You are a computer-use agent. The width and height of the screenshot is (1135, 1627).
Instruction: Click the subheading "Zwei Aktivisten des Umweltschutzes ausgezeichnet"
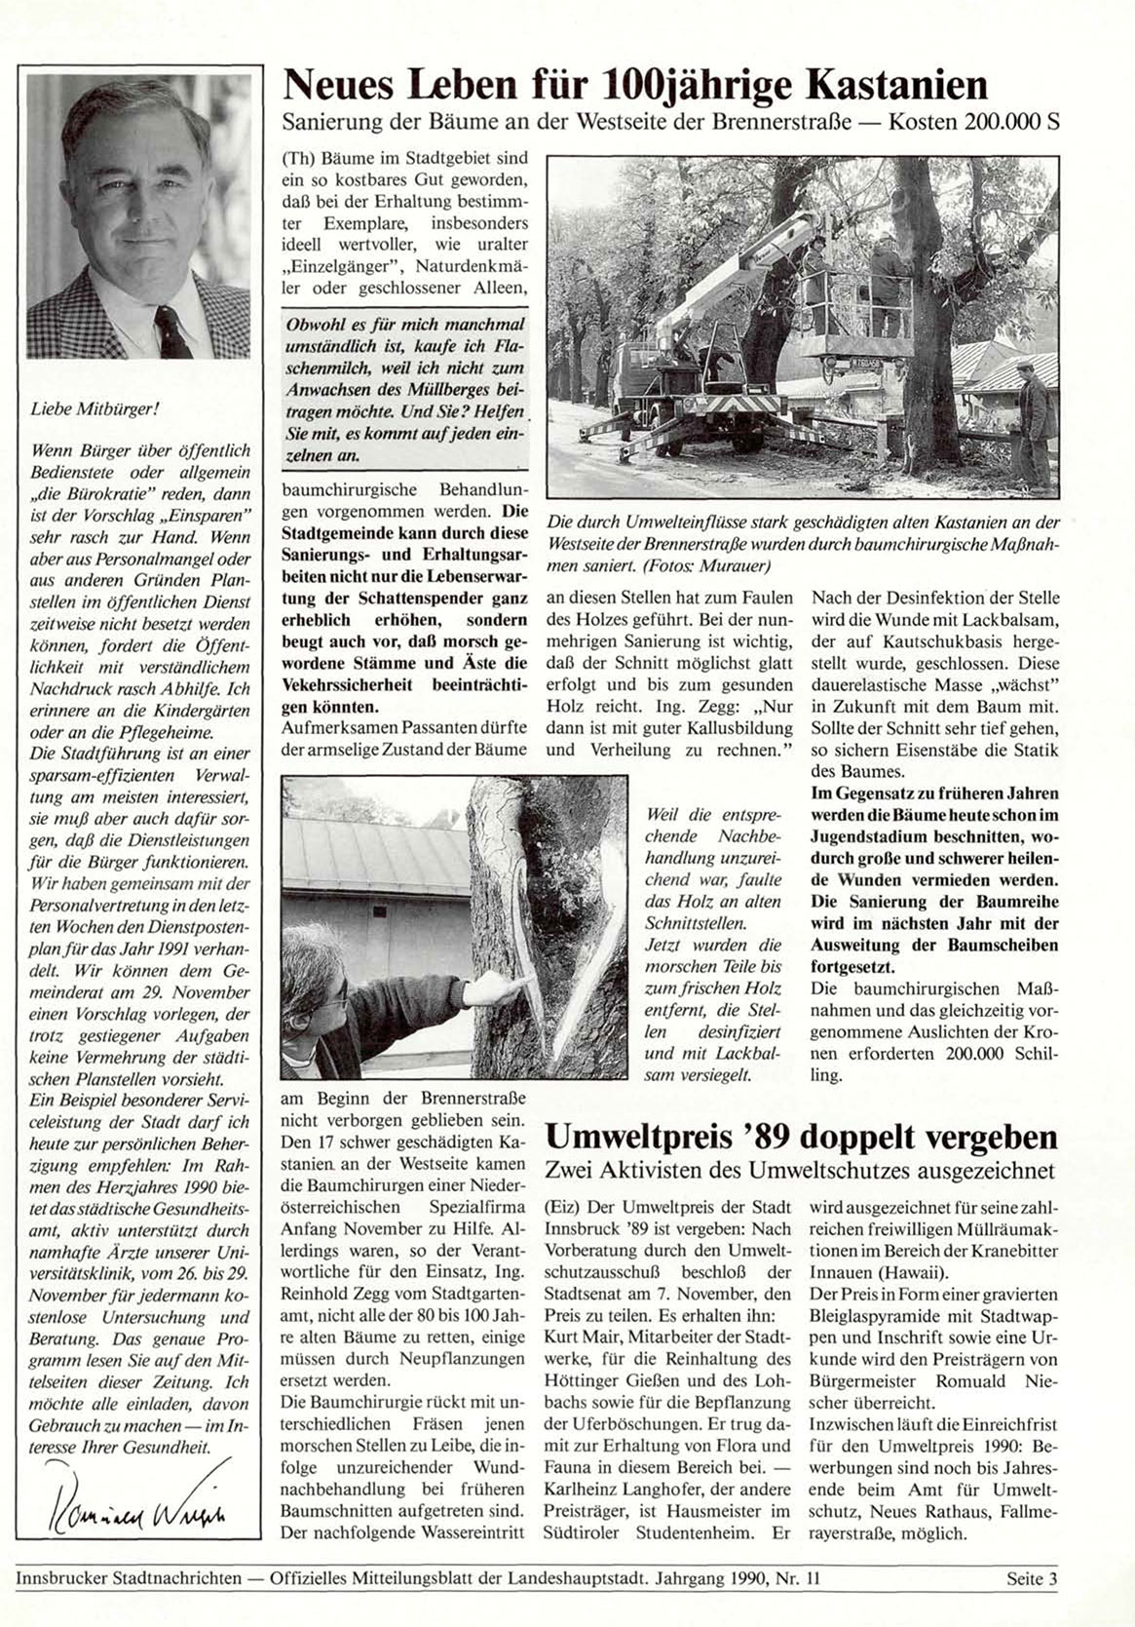point(801,1169)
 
